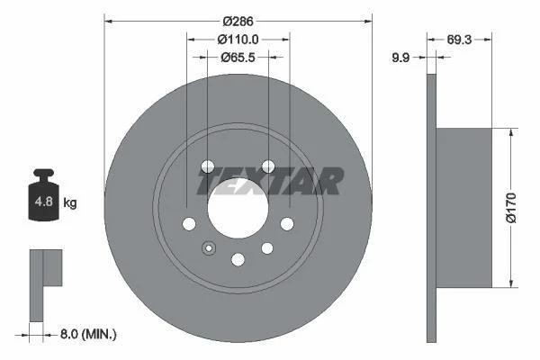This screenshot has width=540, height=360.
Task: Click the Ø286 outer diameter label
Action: [238, 22]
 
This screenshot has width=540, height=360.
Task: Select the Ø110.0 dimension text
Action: [238, 40]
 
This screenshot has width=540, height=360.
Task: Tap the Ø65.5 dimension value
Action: [238, 58]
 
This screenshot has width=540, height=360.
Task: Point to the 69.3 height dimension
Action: [459, 40]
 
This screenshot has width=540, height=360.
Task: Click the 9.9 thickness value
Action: [400, 58]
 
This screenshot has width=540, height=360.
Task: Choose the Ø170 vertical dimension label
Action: [511, 208]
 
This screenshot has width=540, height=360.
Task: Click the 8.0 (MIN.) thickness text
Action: [88, 334]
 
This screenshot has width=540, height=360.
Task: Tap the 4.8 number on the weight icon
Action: [44, 202]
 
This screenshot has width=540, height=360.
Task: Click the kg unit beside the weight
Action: [70, 202]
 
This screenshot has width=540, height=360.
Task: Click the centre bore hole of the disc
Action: [238, 208]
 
